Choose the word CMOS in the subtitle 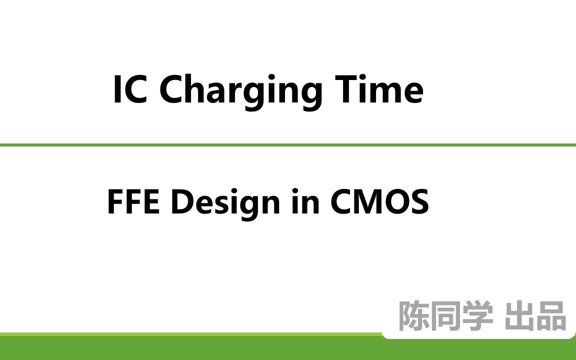[379, 202]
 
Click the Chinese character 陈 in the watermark [413, 316]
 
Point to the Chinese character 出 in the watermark [520, 316]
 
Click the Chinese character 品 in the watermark [551, 316]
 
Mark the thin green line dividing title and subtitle [288, 145]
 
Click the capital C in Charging [172, 90]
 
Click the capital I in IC [117, 90]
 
